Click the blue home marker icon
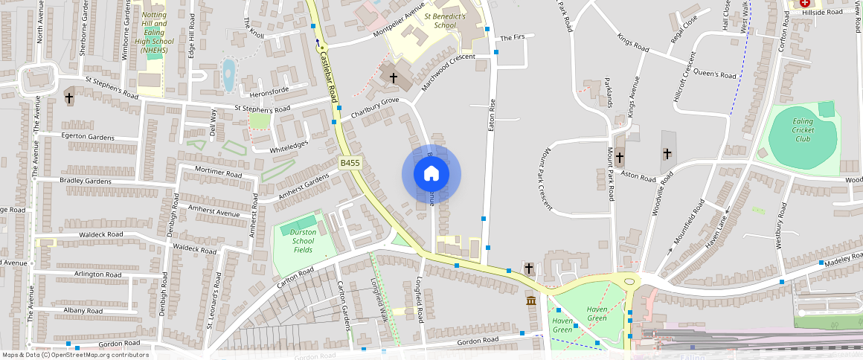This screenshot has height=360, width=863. tap(431, 174)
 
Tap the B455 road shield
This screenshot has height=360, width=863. tap(350, 163)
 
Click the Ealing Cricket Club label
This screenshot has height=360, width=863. tap(803, 130)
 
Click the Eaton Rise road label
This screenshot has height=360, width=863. tap(491, 115)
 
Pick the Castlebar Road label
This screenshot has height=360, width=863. tap(329, 75)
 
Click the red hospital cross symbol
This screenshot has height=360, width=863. tap(805, 4)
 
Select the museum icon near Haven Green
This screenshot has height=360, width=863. tap(531, 300)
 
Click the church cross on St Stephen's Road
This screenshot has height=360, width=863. tap(69, 97)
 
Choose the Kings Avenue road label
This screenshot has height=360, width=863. tap(634, 97)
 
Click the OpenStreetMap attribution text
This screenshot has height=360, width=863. tap(75, 355)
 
